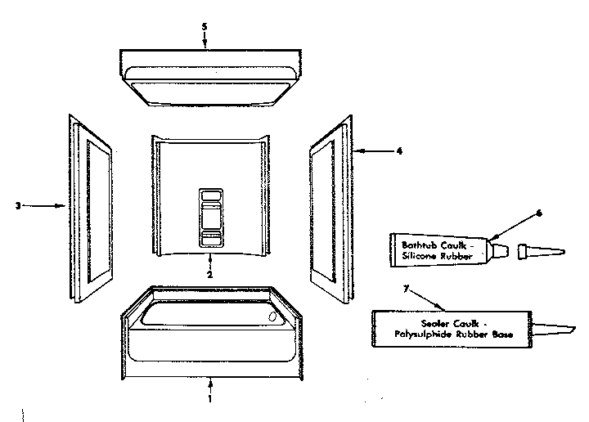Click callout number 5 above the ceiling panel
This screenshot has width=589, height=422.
[205, 27]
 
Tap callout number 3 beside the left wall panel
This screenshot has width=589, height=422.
[18, 206]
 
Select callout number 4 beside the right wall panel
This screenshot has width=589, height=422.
[399, 151]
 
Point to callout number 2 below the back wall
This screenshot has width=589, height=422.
[209, 275]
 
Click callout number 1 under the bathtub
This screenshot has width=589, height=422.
[210, 398]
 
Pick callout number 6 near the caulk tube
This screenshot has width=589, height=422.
[539, 213]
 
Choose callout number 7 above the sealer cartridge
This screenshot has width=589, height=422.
[406, 289]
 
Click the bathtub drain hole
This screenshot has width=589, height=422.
[272, 316]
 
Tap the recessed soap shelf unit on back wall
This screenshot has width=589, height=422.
[211, 218]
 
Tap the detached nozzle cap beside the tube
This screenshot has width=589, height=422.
[542, 252]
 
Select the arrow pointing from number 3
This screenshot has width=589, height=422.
[43, 206]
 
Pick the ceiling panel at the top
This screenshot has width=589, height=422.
[210, 77]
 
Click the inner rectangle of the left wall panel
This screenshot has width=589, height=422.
[99, 211]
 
